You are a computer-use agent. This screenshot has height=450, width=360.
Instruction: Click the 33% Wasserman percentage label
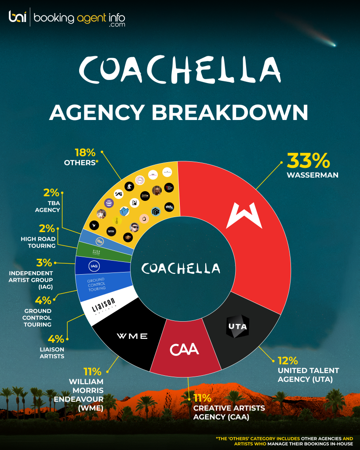click(308, 160)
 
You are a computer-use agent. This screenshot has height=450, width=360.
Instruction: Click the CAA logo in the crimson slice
click(185, 350)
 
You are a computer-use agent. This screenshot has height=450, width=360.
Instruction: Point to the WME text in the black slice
click(132, 336)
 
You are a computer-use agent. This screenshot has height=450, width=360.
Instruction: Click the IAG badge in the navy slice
click(93, 265)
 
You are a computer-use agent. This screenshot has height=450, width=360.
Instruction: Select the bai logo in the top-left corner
click(18, 17)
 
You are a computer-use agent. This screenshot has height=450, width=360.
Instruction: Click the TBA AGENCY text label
click(47, 206)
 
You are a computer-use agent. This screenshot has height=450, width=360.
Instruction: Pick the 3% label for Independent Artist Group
click(44, 263)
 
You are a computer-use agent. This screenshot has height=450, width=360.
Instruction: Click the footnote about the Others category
click(284, 441)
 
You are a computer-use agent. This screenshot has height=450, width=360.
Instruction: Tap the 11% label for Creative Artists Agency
click(203, 399)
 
